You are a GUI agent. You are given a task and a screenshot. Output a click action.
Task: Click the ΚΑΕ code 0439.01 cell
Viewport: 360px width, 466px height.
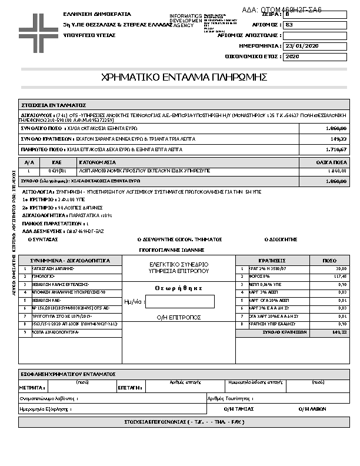[57, 171]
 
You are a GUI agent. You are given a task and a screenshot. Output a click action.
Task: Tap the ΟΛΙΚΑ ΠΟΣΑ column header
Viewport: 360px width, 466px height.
[331, 161]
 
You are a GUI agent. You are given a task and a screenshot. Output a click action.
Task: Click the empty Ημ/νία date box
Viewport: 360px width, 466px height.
[180, 301]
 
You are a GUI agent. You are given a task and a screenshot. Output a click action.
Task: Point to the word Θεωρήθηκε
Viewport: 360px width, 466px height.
[179, 288]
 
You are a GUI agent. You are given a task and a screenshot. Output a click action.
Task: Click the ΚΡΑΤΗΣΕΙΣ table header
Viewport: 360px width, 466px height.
[272, 259]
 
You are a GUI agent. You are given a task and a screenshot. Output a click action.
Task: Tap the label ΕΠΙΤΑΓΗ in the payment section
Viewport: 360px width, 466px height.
[129, 388]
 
